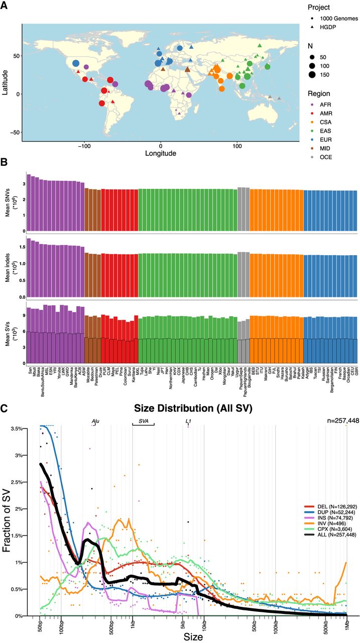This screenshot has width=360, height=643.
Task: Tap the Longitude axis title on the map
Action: coord(161,153)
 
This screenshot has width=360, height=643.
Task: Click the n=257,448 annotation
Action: coord(342,420)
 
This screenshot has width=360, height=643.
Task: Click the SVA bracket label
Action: coord(143,420)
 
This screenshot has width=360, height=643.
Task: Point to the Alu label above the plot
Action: coord(95,420)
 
